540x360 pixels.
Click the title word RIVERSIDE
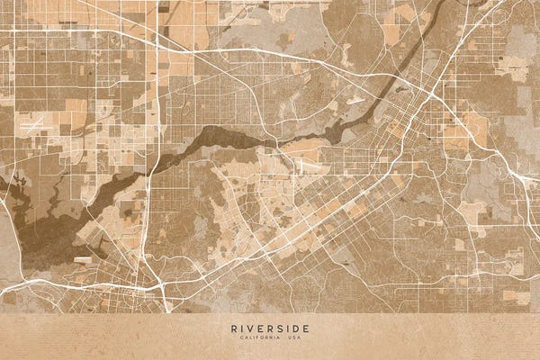pos(270,328)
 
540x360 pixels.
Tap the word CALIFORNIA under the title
pos(260,337)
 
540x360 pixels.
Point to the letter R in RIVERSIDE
pos(233,328)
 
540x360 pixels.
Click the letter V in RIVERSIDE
pos(251,328)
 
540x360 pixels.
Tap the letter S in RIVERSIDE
pos(279,328)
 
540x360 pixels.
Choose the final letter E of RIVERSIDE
pos(306,328)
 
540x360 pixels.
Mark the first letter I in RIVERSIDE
pos(242,328)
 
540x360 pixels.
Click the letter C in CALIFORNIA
pos(241,337)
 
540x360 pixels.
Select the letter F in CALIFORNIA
pos(256,337)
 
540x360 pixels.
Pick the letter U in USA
pos(290,337)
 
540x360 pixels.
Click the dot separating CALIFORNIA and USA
pos(283,337)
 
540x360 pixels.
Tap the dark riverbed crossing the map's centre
pos(225,139)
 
